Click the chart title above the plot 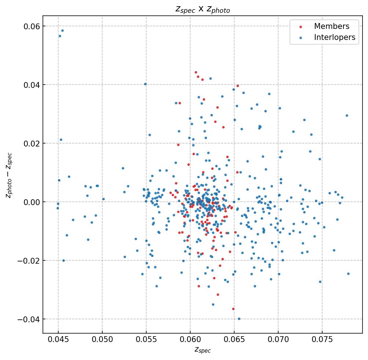click(x=203, y=10)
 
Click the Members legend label click(x=331, y=26)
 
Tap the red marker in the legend click(x=301, y=27)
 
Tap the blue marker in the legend click(x=301, y=38)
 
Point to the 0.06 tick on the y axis click(x=32, y=26)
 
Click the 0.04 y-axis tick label click(x=32, y=85)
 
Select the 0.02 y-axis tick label click(x=32, y=144)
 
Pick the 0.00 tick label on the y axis click(x=32, y=202)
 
